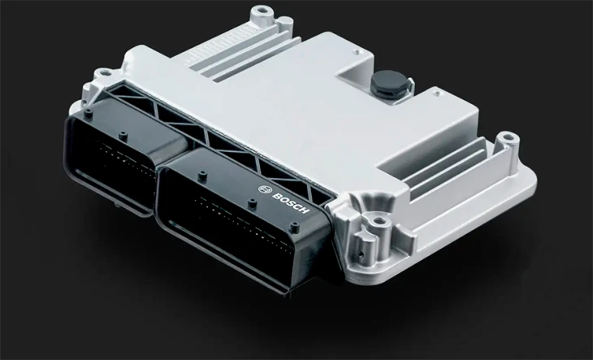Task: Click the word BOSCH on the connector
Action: (291, 203)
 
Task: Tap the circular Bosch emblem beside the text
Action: (263, 189)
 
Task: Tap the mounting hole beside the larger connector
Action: (378, 220)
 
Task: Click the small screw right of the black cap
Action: (437, 92)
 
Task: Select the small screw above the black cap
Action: (357, 51)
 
